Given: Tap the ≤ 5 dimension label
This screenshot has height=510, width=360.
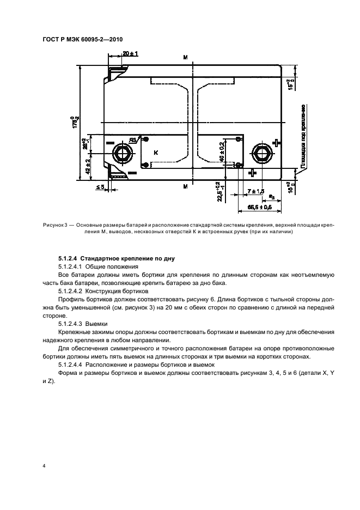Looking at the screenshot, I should pos(100,187).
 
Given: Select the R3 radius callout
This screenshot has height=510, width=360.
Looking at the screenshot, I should pos(133,139).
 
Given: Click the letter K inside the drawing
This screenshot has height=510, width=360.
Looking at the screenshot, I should pos(156,153).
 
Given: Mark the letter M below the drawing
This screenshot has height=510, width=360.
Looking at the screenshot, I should pos(185,186).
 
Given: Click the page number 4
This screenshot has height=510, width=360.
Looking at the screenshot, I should pos(44,466).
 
